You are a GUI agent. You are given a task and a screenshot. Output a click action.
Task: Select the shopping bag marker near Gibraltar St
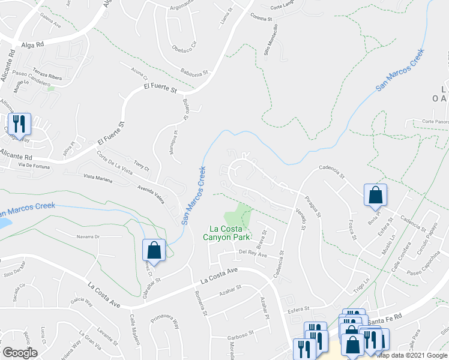pyautogui.click(x=154, y=251)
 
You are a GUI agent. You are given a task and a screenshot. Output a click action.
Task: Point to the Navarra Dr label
pyautogui.click(x=87, y=236)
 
